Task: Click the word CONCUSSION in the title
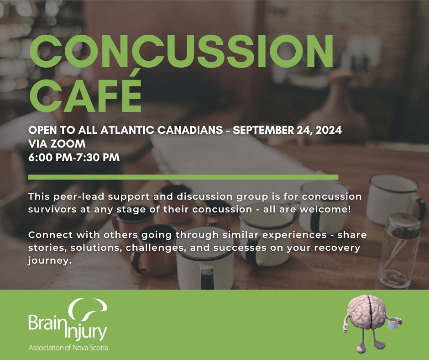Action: pyautogui.click(x=181, y=53)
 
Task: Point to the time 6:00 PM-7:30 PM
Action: pyautogui.click(x=74, y=158)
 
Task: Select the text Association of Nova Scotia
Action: pyautogui.click(x=68, y=348)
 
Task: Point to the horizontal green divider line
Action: pyautogui.click(x=183, y=177)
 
